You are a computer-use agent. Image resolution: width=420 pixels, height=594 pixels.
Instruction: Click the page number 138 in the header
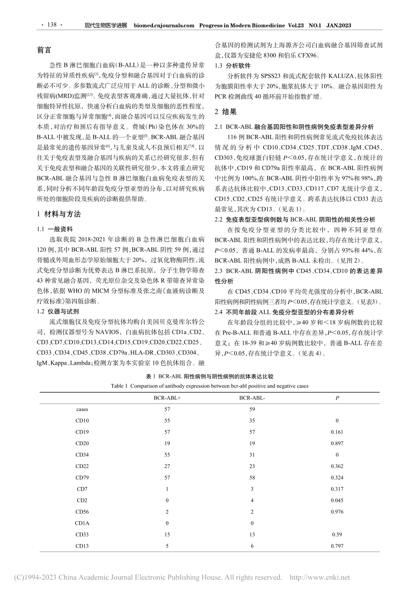(x=52, y=25)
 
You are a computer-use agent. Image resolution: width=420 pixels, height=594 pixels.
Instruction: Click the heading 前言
(x=44, y=50)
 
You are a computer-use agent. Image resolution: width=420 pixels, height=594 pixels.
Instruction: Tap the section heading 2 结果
(x=225, y=111)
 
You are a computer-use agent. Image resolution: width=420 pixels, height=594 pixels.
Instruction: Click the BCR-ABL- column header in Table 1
(x=252, y=398)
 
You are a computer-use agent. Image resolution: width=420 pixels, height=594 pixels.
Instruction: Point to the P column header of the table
(x=337, y=398)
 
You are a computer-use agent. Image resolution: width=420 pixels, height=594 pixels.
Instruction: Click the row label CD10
(x=82, y=421)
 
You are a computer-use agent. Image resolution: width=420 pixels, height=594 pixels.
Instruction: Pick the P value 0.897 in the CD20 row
(x=337, y=443)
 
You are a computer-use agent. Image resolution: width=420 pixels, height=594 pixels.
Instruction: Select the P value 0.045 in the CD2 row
(x=337, y=500)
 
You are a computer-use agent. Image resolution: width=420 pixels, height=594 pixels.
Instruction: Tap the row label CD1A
(x=82, y=523)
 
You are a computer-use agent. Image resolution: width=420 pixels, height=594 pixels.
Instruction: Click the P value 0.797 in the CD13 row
(x=337, y=546)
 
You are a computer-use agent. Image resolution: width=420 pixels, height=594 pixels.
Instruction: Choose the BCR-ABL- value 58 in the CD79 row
(x=252, y=478)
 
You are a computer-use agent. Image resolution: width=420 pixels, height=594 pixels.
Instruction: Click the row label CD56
(x=82, y=512)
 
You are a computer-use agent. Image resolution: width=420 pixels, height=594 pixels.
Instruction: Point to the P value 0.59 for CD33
(x=337, y=534)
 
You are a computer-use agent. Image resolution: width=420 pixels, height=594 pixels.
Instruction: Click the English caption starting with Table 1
(x=210, y=386)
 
